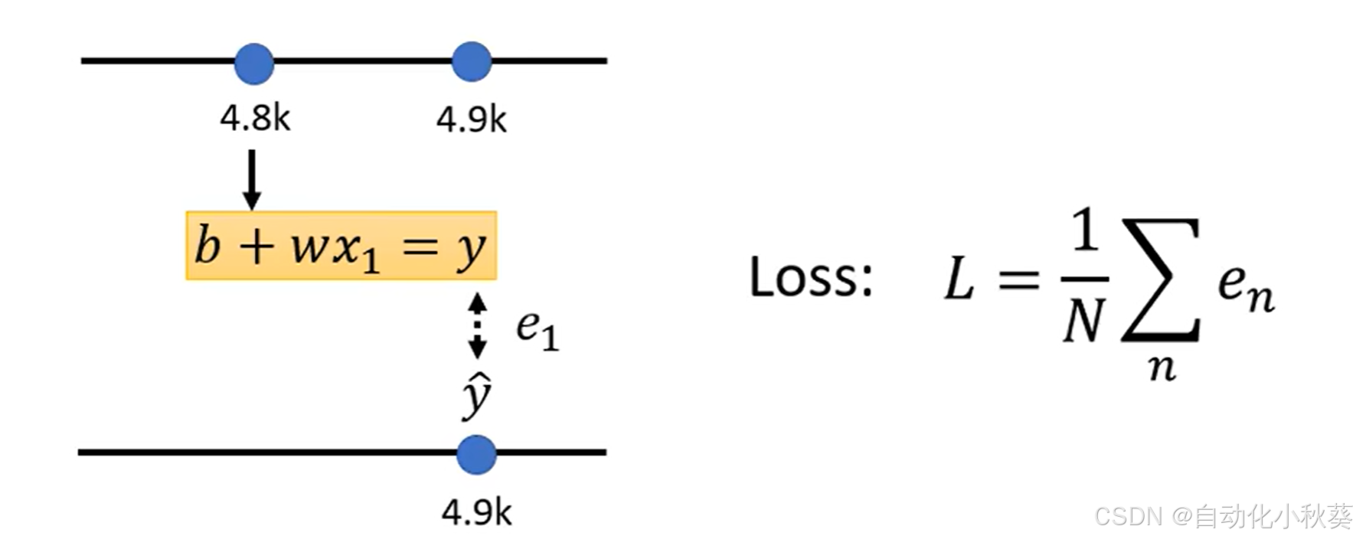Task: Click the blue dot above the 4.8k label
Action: [x=253, y=63]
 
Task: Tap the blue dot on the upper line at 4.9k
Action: [x=471, y=61]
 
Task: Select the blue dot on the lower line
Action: [x=475, y=454]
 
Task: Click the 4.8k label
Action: [x=255, y=119]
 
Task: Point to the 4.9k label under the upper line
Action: [x=471, y=120]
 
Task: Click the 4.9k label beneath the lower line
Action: [x=475, y=513]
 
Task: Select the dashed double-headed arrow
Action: [x=477, y=325]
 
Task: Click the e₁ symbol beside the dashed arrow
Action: [x=537, y=328]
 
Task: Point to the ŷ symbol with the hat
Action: [x=476, y=396]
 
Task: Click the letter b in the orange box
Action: [x=207, y=246]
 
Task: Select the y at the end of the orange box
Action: [x=470, y=250]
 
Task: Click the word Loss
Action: [x=810, y=277]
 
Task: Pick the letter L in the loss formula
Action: [x=959, y=279]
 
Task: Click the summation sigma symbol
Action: [x=1159, y=279]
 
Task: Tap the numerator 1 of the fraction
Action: [x=1085, y=232]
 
